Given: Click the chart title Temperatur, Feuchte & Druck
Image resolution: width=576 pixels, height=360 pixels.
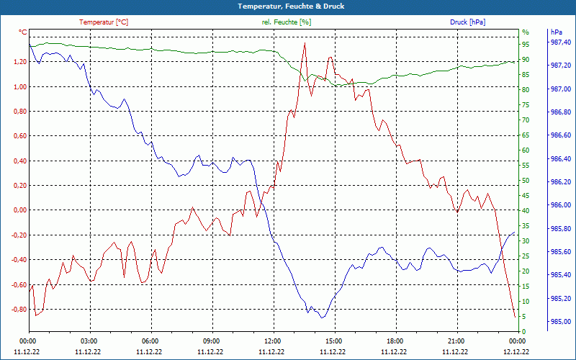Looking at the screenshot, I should pos(288,6).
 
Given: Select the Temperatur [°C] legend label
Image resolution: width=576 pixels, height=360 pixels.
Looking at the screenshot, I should pos(104,22).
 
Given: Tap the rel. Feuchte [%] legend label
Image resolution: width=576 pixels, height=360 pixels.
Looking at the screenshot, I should pos(286,22).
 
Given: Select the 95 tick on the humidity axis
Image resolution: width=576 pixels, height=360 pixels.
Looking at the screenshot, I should pos(526,44).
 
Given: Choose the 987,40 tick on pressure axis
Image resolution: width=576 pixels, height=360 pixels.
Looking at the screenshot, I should pos(560,42).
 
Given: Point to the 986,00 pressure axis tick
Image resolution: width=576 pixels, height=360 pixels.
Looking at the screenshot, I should pos(560,205).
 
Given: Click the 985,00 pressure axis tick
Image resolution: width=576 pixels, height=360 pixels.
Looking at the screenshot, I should pos(560,321).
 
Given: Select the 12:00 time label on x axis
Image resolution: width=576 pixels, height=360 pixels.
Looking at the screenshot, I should pos(272,341).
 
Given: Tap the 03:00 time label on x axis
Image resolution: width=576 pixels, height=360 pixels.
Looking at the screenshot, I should pos(89,341).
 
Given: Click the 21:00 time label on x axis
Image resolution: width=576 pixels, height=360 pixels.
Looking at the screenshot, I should pos(455,341).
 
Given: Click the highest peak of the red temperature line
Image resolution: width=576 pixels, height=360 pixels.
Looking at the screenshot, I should pos(305,43).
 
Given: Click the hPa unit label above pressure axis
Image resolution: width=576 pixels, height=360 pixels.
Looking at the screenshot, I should pos(557,32).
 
